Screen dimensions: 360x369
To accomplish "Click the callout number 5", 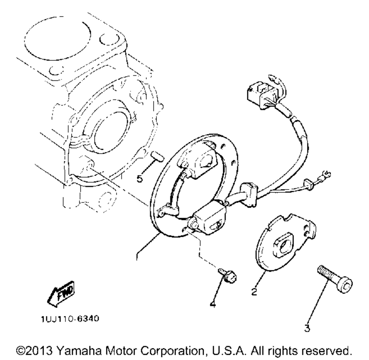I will point(139,179).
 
